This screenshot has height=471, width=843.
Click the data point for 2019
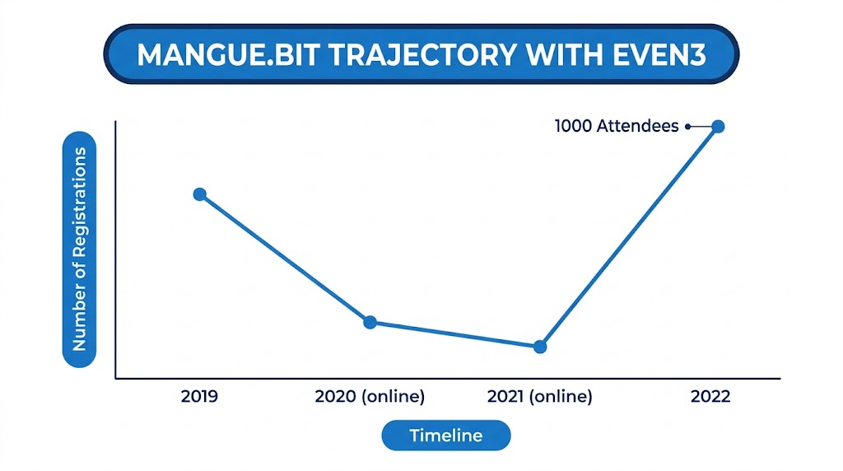pyautogui.click(x=200, y=194)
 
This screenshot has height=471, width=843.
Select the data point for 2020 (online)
pyautogui.click(x=370, y=323)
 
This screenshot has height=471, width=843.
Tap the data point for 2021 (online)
pyautogui.click(x=540, y=347)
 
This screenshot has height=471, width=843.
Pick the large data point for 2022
pyautogui.click(x=718, y=126)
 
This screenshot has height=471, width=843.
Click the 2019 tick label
pyautogui.click(x=199, y=397)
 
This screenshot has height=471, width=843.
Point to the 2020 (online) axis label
pyautogui.click(x=370, y=397)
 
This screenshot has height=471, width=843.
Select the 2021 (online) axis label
pyautogui.click(x=540, y=397)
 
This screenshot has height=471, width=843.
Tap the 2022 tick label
pyautogui.click(x=710, y=397)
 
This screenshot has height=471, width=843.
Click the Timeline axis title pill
pyautogui.click(x=446, y=436)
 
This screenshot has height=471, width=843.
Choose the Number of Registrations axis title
pyautogui.click(x=79, y=249)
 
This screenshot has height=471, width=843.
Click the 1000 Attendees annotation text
pyautogui.click(x=617, y=126)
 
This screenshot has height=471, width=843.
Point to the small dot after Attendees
pyautogui.click(x=687, y=126)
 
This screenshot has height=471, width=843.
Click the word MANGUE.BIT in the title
pyautogui.click(x=229, y=55)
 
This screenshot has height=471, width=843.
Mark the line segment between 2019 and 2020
pyautogui.click(x=285, y=259)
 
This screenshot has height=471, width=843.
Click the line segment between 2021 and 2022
pyautogui.click(x=629, y=236)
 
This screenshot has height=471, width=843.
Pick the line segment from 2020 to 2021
pyautogui.click(x=454, y=334)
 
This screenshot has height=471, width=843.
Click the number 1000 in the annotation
pyautogui.click(x=573, y=126)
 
